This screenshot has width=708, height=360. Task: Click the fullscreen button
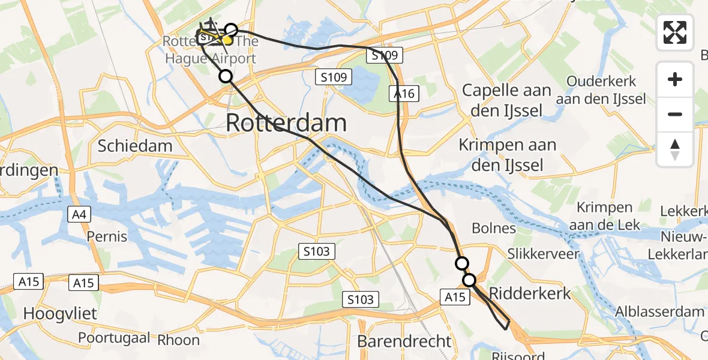[675, 32]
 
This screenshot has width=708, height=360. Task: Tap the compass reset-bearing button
[675, 149]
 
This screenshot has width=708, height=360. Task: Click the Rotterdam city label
[286, 123]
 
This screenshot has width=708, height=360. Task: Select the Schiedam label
[135, 146]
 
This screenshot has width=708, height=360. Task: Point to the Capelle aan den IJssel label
[506, 100]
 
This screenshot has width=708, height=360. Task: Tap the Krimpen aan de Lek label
[604, 217]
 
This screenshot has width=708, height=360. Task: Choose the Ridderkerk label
[530, 293]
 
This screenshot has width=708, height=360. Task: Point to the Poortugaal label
[114, 338]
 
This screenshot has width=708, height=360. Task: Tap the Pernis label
[107, 236]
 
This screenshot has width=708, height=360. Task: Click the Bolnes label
[494, 228]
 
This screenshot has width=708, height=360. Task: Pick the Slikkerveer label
[544, 254]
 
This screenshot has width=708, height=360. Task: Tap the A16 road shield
[404, 94]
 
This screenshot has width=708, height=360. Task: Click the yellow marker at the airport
[227, 40]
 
